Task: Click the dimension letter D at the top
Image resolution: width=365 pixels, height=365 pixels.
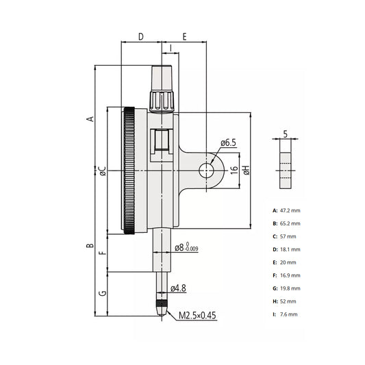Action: [x=141, y=36]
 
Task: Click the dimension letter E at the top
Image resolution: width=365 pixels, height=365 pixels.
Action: [x=184, y=36]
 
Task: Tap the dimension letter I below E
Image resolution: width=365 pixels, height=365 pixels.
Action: [x=171, y=48]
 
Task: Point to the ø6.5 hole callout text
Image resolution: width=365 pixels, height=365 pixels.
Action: [x=228, y=142]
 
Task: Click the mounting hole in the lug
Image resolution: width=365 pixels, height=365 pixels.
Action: [x=206, y=171]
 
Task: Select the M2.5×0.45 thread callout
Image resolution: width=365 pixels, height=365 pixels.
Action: [x=197, y=316]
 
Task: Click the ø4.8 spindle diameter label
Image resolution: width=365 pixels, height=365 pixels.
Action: [x=178, y=288]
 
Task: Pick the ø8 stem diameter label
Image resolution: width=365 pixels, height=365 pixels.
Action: [x=186, y=247]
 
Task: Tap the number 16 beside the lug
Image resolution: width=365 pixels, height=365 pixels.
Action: [x=234, y=170]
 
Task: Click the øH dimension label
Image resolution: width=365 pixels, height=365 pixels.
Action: [x=246, y=170]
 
